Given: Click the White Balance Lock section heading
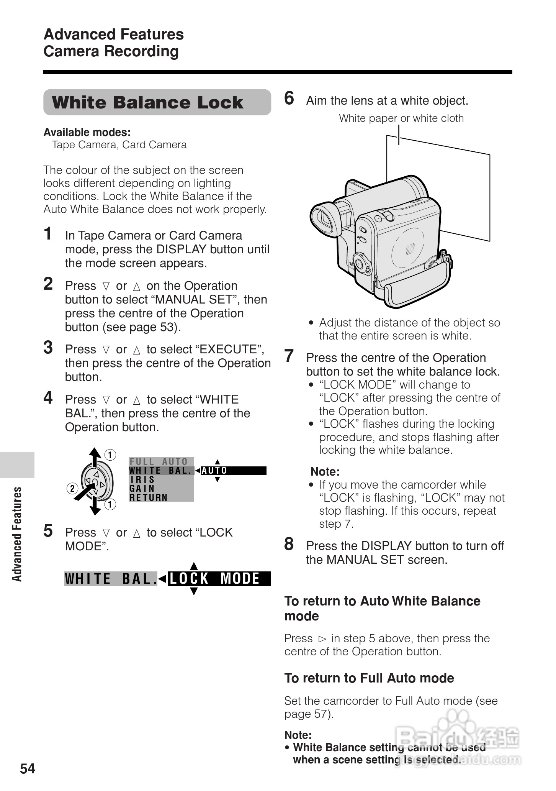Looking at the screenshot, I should coord(147,103).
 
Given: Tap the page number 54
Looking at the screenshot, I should coord(28,768).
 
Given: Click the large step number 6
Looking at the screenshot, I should coord(289,98).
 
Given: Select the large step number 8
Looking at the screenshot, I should coord(289,544).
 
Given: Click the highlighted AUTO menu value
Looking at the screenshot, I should coord(214,471).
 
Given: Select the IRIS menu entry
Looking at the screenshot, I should coord(142,480).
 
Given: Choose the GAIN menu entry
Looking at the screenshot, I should coord(142,489).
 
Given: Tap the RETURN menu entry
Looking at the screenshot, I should coord(149,498).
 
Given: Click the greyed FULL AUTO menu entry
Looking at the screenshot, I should coord(159,462).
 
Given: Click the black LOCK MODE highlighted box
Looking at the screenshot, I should coord(219,579).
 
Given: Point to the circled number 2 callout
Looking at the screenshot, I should coord(72,489).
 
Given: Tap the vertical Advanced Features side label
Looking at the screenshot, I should coord(17,534).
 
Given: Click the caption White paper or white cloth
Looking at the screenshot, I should coord(401,118).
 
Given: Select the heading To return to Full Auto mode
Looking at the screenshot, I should coord(369,678).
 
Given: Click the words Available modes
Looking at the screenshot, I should coord(87,133).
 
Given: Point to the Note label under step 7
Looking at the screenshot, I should coord(325,471).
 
